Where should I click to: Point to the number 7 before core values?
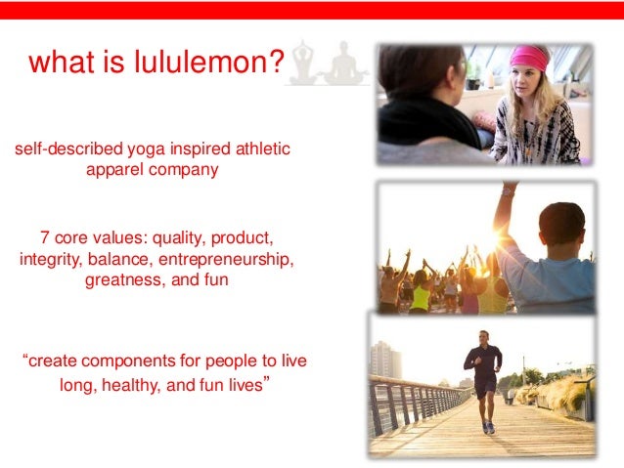click(x=45, y=237)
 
